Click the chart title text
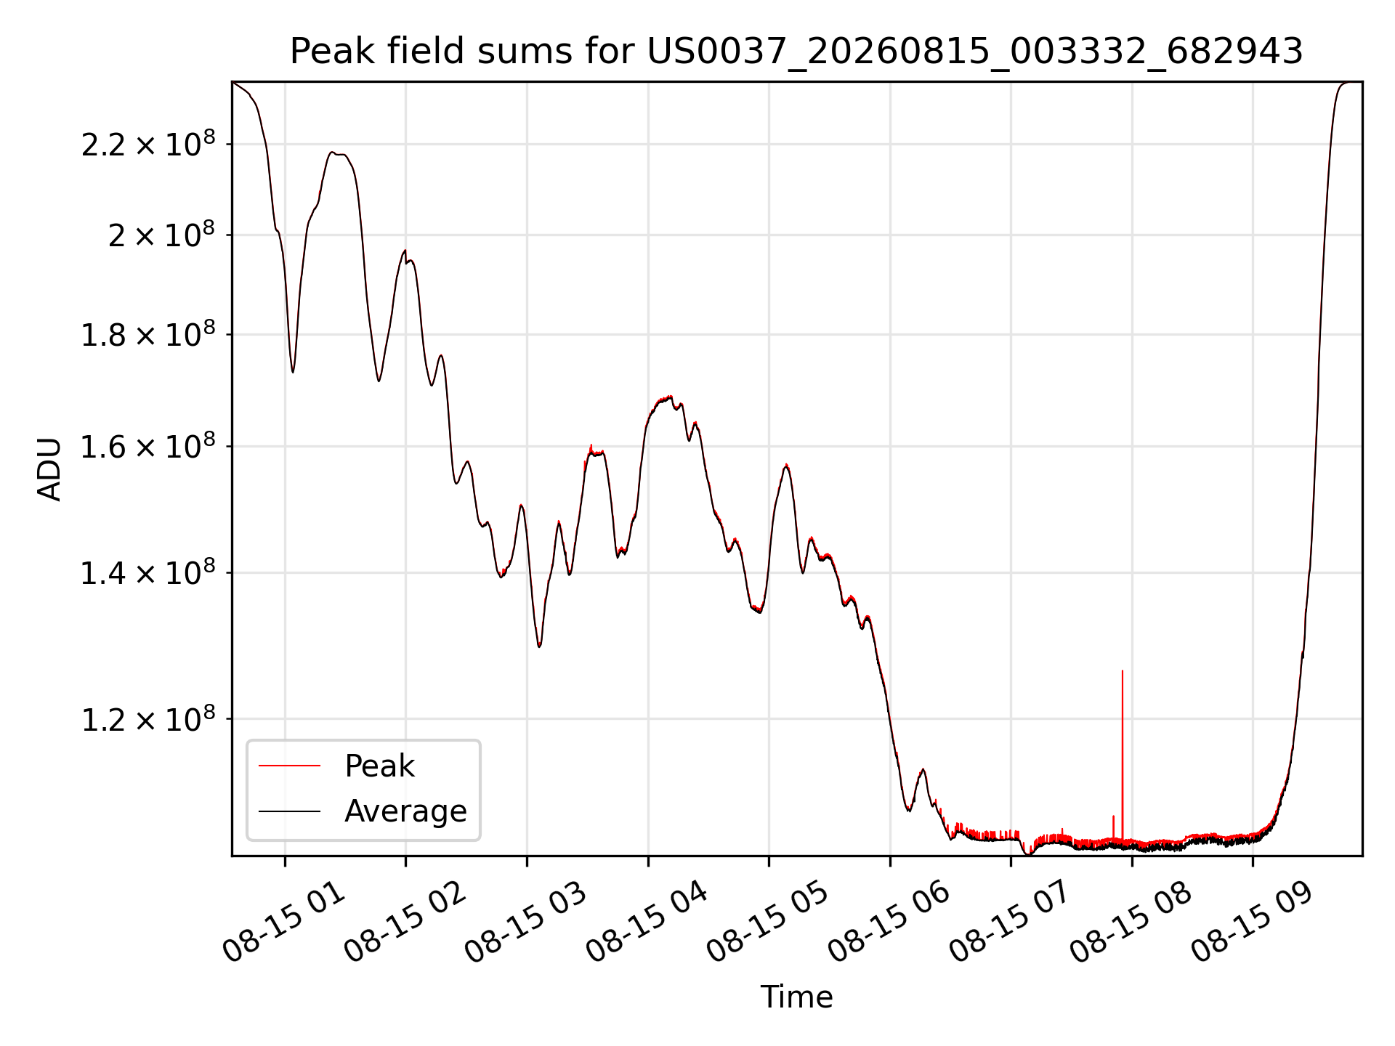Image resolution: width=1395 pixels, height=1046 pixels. (796, 52)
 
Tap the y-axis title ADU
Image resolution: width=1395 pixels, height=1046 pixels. (49, 469)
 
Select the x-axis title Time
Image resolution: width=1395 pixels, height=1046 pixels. (796, 997)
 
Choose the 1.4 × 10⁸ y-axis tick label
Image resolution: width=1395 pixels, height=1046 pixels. (148, 572)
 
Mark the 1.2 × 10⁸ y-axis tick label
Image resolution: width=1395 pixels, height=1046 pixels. (148, 718)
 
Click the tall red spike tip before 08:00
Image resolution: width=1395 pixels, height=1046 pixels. (1123, 670)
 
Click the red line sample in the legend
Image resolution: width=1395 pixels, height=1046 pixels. (289, 766)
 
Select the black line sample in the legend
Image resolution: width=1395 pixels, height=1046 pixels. (289, 811)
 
